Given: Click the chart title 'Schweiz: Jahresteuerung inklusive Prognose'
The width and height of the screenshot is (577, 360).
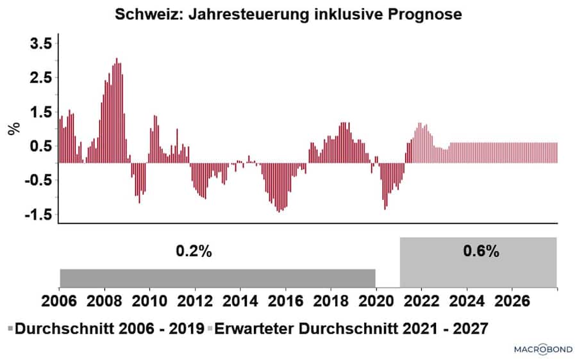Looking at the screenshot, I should click(x=288, y=14).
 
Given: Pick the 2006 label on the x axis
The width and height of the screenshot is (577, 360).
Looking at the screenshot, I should click(x=58, y=302).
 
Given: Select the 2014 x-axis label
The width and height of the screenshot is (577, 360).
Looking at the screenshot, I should click(x=240, y=302).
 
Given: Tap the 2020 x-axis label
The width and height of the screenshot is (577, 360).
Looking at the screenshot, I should click(x=376, y=302).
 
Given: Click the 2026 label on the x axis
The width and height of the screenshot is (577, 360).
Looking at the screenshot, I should click(x=512, y=302).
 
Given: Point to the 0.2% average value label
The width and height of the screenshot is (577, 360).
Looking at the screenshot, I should click(x=194, y=252).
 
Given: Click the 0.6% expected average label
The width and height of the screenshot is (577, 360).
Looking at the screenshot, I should click(x=481, y=252).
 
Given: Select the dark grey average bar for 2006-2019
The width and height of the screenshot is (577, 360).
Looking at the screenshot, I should click(x=217, y=278).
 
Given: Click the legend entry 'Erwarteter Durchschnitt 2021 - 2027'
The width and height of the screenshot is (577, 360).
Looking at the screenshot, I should click(x=349, y=329).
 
